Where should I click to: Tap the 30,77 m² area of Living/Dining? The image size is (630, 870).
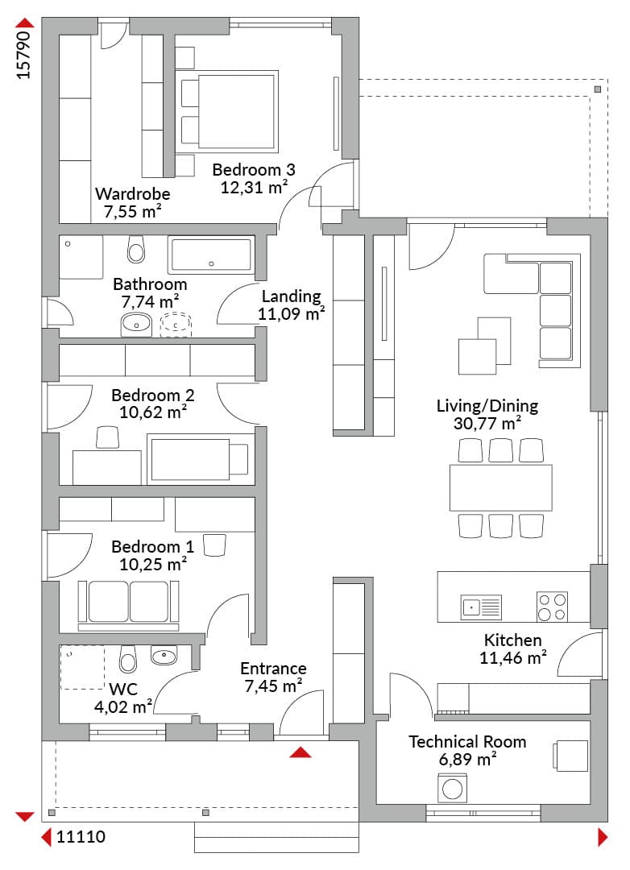(x=487, y=424)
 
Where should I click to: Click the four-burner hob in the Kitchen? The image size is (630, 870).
(x=553, y=607)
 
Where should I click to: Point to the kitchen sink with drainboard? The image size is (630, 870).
(x=481, y=607)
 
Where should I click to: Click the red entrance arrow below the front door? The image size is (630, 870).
(x=300, y=752)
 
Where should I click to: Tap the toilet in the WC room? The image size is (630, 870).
(x=127, y=658)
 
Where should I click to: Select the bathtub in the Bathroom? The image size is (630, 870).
(x=211, y=255)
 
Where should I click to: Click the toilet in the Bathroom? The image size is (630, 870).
(x=136, y=249)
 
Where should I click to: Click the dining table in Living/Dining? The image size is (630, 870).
(x=500, y=487)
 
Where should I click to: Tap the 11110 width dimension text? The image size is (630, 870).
(x=81, y=837)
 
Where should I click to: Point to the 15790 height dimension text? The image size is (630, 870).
(x=23, y=55)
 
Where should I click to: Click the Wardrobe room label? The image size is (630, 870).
(x=133, y=193)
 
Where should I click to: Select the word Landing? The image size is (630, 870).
(x=292, y=296)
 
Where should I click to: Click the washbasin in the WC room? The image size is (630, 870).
(x=164, y=657)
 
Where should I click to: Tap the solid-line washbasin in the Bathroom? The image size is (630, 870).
(x=136, y=325)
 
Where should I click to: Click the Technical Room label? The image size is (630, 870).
(x=467, y=742)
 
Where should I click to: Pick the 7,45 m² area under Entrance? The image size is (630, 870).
(x=273, y=686)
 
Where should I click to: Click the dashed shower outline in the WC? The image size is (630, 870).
(x=82, y=668)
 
